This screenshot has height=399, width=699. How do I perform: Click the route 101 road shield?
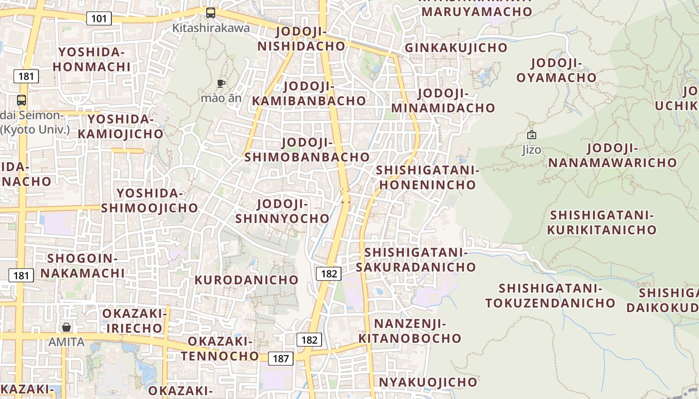[99, 19]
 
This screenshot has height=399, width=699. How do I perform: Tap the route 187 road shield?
[281, 358]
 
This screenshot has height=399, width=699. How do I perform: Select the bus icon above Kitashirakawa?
[211, 13]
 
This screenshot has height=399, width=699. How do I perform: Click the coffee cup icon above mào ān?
[221, 83]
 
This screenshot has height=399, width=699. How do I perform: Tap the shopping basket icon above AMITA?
[66, 327]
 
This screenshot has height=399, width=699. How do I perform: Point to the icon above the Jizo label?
[532, 135]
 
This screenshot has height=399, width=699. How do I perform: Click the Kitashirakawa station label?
[211, 28]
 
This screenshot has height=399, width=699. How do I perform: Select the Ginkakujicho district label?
[456, 48]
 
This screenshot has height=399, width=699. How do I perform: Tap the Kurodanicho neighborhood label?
[246, 280]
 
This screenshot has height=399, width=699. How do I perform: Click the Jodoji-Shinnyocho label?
[282, 211]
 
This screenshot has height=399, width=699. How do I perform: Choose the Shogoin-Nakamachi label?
[82, 266]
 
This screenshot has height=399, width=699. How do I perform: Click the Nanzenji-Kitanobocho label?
[410, 331]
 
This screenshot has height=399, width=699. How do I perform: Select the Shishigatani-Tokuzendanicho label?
[550, 296]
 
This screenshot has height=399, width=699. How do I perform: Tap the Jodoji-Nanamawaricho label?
[612, 155]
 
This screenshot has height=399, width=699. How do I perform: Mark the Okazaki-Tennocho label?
[220, 349]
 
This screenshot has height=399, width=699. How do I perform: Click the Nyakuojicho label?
[428, 382]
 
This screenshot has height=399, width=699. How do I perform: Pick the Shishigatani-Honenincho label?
[427, 178]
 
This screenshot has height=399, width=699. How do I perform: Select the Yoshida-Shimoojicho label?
[149, 200]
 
